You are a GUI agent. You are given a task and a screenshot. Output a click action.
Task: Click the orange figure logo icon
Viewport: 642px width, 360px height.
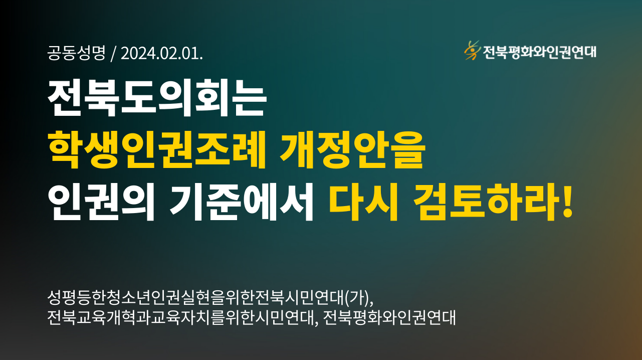click(472, 51)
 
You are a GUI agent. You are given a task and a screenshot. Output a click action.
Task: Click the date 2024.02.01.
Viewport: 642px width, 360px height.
click(162, 53)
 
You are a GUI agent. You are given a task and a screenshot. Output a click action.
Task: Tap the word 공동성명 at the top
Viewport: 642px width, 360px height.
click(77, 53)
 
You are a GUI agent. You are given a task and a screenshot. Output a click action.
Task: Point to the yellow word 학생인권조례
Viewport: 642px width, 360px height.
click(157, 149)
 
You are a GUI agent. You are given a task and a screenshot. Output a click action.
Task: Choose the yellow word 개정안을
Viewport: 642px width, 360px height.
click(352, 149)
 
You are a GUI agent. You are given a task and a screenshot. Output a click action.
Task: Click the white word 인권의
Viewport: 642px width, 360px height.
click(101, 202)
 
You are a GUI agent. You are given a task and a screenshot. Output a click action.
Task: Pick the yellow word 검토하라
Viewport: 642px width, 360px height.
click(487, 202)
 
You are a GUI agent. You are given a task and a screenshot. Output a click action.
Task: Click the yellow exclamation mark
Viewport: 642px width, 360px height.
click(567, 201)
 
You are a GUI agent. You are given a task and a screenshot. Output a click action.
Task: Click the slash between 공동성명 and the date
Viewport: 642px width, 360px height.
click(113, 54)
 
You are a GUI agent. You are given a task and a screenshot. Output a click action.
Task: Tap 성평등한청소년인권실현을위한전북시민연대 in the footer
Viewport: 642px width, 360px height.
click(196, 298)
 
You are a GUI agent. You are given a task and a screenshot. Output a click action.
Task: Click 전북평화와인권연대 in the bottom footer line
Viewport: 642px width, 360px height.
click(389, 317)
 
